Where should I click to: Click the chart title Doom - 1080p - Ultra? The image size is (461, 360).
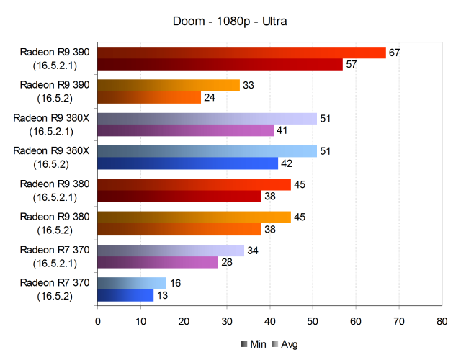[230, 22]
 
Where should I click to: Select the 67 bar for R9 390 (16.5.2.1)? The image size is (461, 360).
[241, 53]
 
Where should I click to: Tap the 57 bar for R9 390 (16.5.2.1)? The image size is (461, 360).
[220, 65]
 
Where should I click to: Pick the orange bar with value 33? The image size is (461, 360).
[168, 85]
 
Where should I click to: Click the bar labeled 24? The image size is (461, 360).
[149, 97]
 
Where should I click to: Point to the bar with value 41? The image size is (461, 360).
[186, 130]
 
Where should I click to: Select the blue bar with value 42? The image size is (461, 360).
[188, 163]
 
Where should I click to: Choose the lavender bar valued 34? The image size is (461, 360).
[171, 251]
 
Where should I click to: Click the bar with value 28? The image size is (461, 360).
[158, 262]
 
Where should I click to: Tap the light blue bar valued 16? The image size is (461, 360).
[132, 283]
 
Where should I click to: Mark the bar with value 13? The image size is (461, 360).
[125, 295]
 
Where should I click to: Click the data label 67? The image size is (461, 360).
[394, 53]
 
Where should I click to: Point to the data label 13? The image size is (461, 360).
[162, 295]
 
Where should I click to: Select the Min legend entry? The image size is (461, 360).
[249, 344]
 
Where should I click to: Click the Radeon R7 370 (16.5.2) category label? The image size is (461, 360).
[55, 289]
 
